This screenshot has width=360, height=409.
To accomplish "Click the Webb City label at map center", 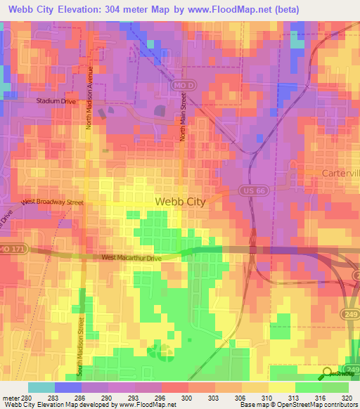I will [179, 202].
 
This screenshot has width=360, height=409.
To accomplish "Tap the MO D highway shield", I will [180, 84].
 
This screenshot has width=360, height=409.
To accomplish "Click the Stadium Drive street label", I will [55, 101].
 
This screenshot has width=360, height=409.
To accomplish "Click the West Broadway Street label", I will [52, 202].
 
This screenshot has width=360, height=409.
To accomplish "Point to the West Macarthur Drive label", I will [132, 259].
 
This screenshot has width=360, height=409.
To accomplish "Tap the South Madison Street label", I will [81, 344].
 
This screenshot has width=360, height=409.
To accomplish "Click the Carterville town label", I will [337, 173].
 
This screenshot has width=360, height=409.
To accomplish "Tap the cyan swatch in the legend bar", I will [41, 387].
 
